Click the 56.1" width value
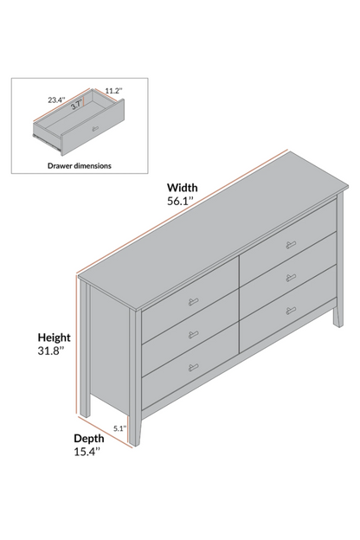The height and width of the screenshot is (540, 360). pyautogui.click(x=181, y=201)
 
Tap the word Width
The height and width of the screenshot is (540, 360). pyautogui.click(x=183, y=188)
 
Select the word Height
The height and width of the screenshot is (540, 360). pyautogui.click(x=54, y=337)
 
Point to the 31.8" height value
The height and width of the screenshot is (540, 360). pyautogui.click(x=51, y=351)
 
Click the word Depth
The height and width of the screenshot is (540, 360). pyautogui.click(x=89, y=439)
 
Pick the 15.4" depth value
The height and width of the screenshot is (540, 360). pyautogui.click(x=87, y=452)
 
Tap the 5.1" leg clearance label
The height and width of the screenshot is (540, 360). pyautogui.click(x=120, y=428)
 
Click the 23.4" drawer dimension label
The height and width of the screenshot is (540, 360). pyautogui.click(x=56, y=100)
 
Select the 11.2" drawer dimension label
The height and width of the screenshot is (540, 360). pyautogui.click(x=113, y=91)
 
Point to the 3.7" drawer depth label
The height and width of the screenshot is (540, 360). pyautogui.click(x=76, y=105)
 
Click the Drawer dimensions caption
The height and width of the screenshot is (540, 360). pyautogui.click(x=80, y=165)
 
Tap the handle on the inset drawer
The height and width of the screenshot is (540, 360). pyautogui.click(x=95, y=128)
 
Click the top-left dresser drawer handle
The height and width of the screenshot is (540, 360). pyautogui.click(x=194, y=302)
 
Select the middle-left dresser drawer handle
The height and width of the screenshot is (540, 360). pyautogui.click(x=194, y=334)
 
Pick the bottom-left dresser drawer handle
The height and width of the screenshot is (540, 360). pyautogui.click(x=194, y=367)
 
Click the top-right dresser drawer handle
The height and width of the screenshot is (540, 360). pyautogui.click(x=291, y=245)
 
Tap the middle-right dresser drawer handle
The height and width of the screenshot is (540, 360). pyautogui.click(x=291, y=278)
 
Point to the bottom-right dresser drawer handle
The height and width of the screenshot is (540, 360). pyautogui.click(x=291, y=311)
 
